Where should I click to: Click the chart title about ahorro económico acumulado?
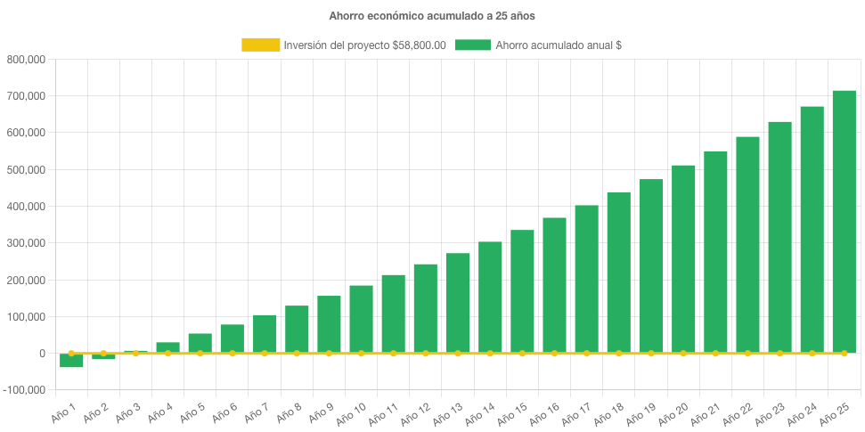point(432,16)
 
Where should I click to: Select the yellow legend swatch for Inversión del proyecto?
point(260,45)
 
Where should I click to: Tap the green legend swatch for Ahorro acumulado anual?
point(472,45)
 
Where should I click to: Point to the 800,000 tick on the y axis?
point(26,60)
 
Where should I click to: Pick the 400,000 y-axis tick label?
point(26,207)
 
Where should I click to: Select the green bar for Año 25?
point(844,222)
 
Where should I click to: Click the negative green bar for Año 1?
point(71,361)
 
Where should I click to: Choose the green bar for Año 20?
point(683,259)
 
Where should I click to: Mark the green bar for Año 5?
point(200,344)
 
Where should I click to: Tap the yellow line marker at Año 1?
point(71,353)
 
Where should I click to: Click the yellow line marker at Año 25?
point(844,354)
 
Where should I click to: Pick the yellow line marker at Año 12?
point(425,354)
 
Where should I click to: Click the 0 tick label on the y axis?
point(41,354)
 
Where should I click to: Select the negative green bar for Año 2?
point(103,357)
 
